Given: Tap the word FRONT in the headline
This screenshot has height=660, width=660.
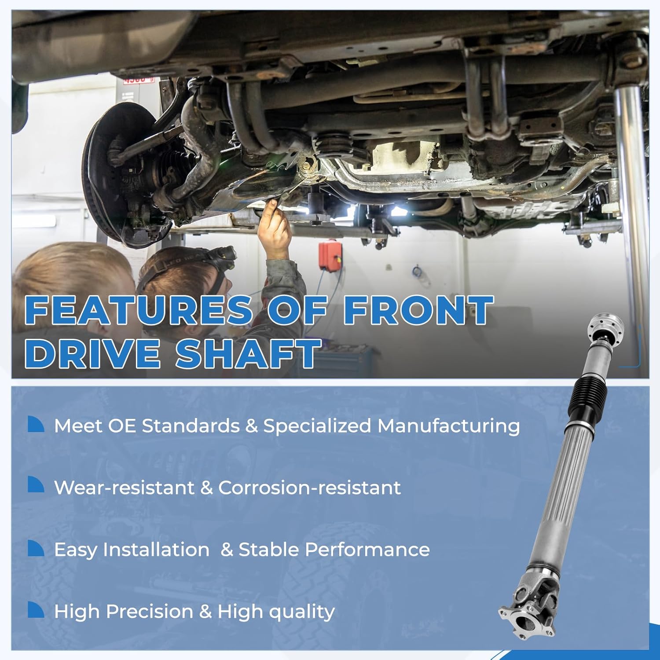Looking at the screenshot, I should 418,310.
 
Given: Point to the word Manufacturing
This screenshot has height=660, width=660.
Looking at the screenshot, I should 448,426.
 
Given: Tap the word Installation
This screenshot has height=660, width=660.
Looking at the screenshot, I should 156,550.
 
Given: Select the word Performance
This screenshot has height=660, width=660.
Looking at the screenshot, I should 367,550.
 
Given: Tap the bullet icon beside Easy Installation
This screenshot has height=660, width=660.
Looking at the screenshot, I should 36,548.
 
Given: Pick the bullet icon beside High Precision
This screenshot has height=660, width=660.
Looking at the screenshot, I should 36,610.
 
